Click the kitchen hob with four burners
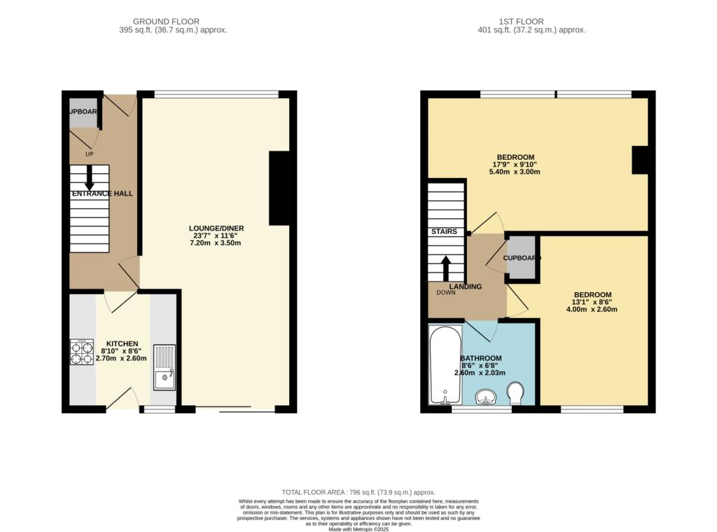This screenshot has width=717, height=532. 82,351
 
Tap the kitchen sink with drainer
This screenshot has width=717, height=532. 165,367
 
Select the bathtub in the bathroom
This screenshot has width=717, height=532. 444,366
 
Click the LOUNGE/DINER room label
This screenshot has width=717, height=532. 216,229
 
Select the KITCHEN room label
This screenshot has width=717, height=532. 122,343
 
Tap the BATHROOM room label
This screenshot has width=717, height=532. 481,358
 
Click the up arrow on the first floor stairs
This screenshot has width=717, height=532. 446,268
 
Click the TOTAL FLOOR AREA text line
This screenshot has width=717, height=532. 358,492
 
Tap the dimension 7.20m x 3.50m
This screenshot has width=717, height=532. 216,244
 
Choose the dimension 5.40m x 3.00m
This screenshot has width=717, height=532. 515,172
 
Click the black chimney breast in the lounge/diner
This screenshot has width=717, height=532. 279,188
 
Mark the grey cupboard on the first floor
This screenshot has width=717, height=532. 520,257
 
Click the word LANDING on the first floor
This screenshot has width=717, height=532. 466,286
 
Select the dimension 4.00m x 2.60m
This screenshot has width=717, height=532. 592,309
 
